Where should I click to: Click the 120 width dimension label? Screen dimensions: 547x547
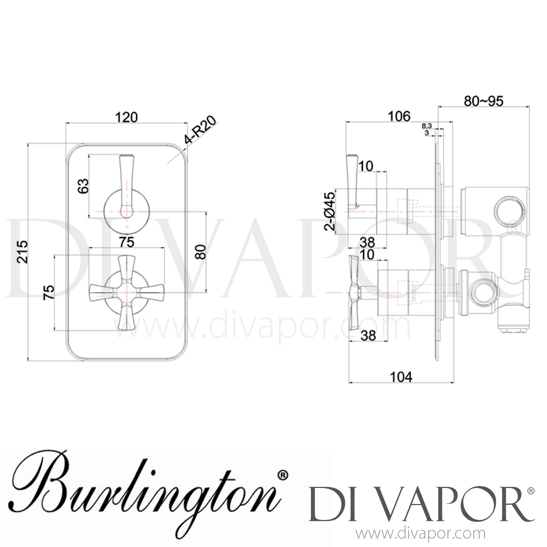[x=127, y=117]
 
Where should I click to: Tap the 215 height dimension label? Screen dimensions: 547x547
[x=23, y=251]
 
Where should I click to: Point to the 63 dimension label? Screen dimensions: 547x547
[x=84, y=186]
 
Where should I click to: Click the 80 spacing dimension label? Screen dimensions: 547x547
[x=200, y=252]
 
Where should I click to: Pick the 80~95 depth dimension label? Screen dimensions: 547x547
[x=483, y=101]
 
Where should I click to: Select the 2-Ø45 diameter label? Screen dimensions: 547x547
[x=330, y=211]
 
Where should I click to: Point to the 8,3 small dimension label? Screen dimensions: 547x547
[x=427, y=125]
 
